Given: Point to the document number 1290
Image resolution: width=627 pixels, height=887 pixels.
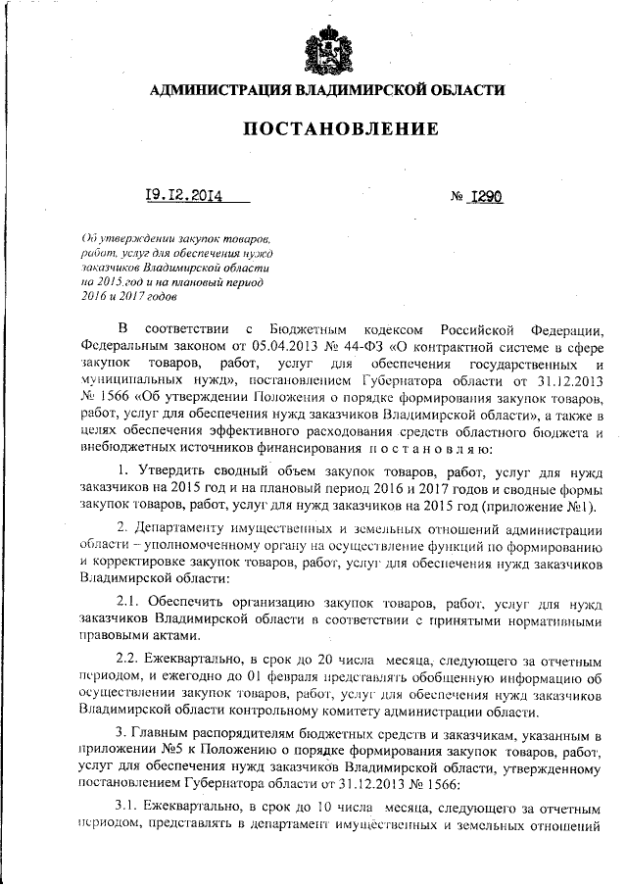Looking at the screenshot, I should point(485,195).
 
